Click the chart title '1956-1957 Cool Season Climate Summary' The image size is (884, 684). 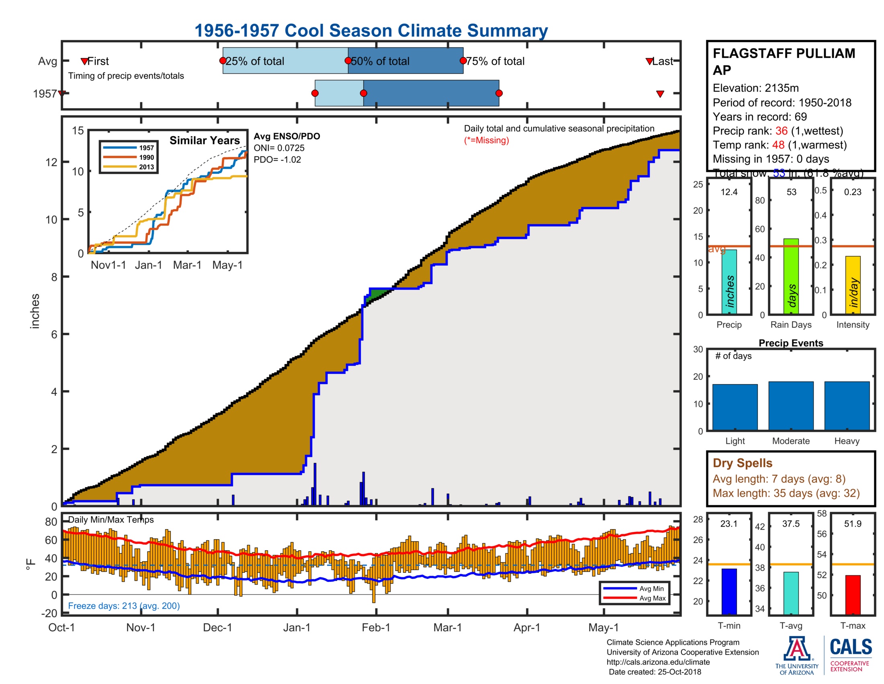point(371,31)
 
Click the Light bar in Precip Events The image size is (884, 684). point(735,407)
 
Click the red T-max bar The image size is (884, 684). point(852,594)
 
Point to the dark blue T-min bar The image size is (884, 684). point(729,591)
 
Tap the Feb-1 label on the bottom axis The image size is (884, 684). point(376,628)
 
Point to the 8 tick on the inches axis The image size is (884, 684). point(54,277)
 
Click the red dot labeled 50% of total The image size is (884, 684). point(348,61)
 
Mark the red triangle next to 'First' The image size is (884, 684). point(84,61)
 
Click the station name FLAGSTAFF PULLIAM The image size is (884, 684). point(784,54)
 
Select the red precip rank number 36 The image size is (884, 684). point(781,131)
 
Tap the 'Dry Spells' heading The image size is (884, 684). point(742,463)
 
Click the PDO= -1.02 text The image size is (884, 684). point(277,160)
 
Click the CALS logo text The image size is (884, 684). point(850,647)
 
